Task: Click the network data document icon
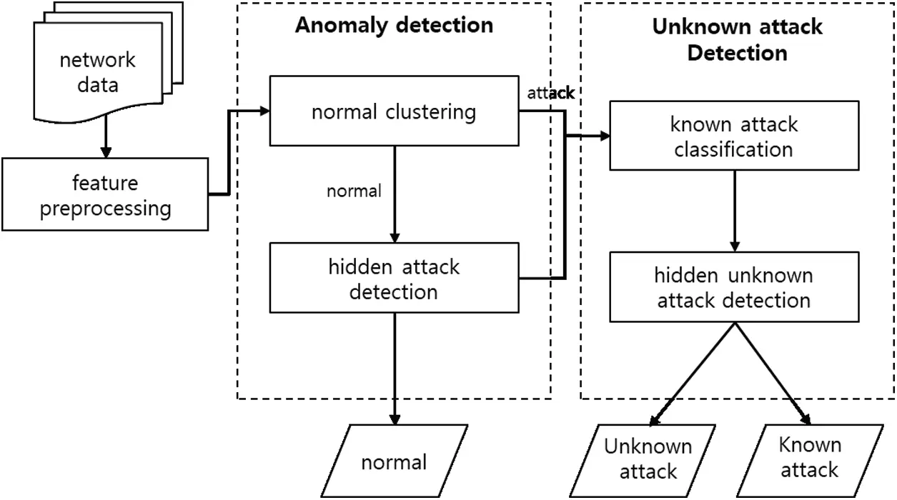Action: [97, 72]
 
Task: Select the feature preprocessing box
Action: [105, 195]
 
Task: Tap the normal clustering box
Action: [394, 112]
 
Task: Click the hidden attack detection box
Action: [394, 279]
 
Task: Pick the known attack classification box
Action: [733, 136]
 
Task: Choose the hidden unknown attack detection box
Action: [733, 287]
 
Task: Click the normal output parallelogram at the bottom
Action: [394, 461]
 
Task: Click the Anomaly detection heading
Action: [394, 26]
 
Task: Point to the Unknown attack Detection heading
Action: [737, 39]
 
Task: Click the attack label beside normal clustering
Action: [550, 93]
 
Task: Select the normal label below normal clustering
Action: [354, 191]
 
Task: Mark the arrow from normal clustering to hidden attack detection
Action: [394, 193]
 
